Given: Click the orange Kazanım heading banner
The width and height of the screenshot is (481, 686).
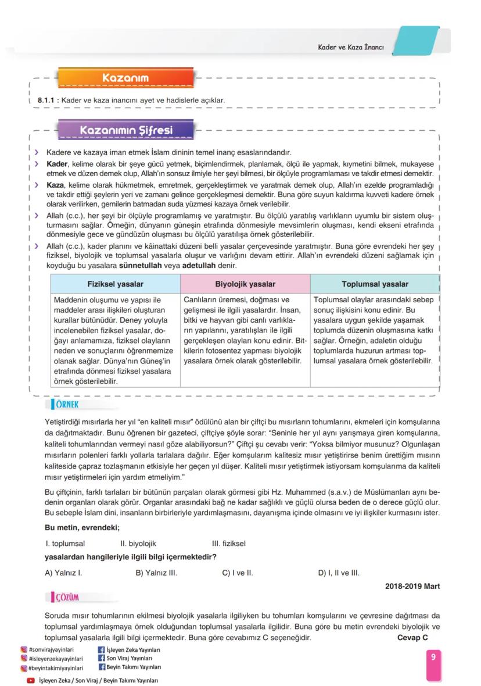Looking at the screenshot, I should point(125,77).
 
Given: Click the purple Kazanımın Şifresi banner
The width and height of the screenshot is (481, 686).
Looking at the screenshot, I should point(125,130).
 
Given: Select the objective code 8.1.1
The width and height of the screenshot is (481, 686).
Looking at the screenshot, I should point(46,101).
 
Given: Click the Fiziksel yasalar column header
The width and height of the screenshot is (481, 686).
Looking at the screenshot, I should point(115,284).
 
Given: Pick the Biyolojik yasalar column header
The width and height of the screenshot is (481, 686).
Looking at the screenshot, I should point(245,284).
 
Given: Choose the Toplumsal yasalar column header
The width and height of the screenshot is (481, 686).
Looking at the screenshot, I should point(375,284).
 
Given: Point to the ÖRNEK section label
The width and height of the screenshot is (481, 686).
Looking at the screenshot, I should point(66,404).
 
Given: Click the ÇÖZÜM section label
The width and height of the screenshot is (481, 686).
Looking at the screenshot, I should point(67,597).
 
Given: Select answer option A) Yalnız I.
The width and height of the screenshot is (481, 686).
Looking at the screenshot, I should point(63,573).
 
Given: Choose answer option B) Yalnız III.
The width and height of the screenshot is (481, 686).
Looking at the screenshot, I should point(156,573).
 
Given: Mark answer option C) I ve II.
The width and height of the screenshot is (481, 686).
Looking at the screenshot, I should point(238,573).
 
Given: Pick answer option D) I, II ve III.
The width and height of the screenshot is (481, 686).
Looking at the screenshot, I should point(339,573).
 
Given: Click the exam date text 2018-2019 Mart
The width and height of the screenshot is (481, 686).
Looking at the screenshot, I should point(412,586).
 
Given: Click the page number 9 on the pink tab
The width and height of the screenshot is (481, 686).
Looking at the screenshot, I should point(433,657).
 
